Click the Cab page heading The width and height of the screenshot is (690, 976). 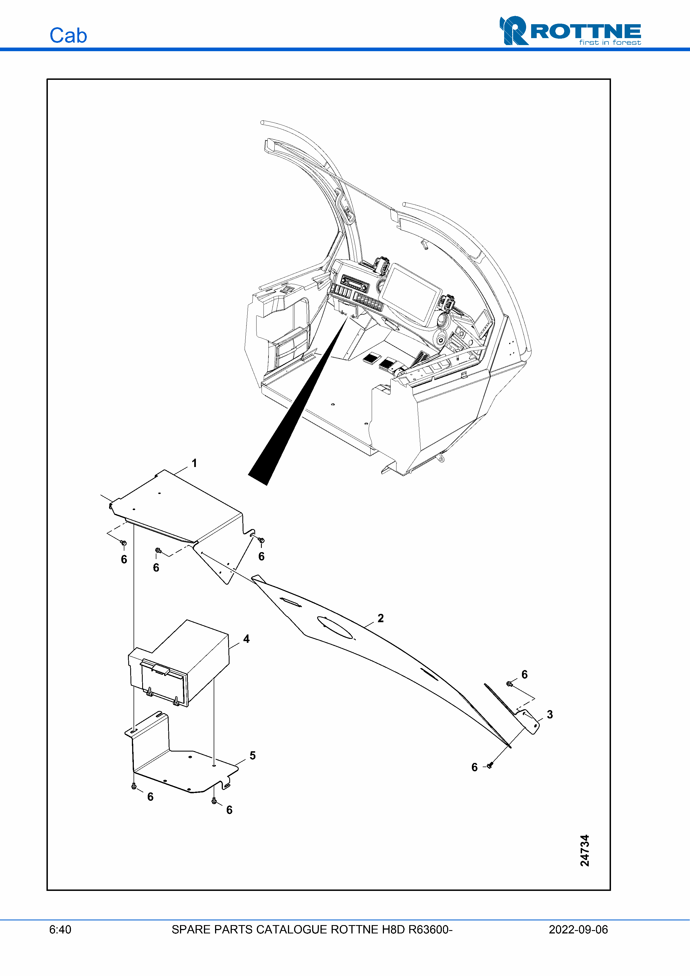click(x=68, y=35)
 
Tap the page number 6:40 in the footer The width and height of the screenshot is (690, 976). click(x=60, y=929)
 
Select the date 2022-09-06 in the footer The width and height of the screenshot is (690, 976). click(x=578, y=929)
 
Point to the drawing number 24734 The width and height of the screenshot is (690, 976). click(x=585, y=850)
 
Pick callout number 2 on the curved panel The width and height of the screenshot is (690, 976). click(x=381, y=618)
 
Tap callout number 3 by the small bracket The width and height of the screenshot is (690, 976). click(x=550, y=714)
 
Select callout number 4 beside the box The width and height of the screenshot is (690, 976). click(x=246, y=639)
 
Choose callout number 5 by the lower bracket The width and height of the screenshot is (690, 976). click(x=253, y=755)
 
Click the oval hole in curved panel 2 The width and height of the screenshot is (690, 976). click(x=335, y=627)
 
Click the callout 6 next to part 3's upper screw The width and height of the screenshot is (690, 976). click(x=525, y=674)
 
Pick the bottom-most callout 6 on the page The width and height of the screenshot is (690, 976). click(x=229, y=810)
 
